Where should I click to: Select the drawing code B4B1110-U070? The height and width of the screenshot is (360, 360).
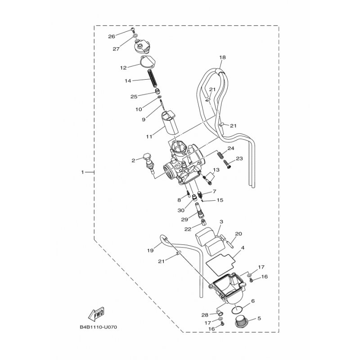tap(99, 327)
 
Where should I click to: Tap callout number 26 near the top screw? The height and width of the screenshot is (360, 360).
tap(112, 36)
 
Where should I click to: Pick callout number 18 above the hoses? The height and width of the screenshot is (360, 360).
tap(222, 57)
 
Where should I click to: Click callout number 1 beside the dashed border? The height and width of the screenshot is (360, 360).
tap(83, 172)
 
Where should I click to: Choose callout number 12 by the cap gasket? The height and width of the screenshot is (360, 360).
tap(123, 68)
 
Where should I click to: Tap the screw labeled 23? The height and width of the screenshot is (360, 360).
tap(227, 164)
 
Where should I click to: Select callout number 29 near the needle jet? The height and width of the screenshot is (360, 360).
tap(184, 220)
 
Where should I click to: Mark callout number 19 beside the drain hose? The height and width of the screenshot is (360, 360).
tap(150, 251)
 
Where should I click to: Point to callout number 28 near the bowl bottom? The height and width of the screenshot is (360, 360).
tap(205, 315)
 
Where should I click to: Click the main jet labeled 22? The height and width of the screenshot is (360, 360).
tap(203, 222)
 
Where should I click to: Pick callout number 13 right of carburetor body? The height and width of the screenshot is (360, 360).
tap(216, 170)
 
